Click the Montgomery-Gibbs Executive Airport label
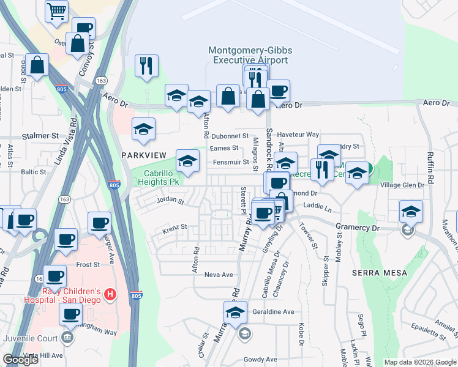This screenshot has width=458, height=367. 248,55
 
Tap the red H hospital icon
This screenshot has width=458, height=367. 110,295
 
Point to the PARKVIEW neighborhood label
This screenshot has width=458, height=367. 145,155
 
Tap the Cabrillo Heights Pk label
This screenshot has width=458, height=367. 157,177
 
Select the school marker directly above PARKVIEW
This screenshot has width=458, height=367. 144,129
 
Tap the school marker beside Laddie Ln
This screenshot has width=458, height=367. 411,212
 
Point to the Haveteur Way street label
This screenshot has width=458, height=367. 299,134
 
